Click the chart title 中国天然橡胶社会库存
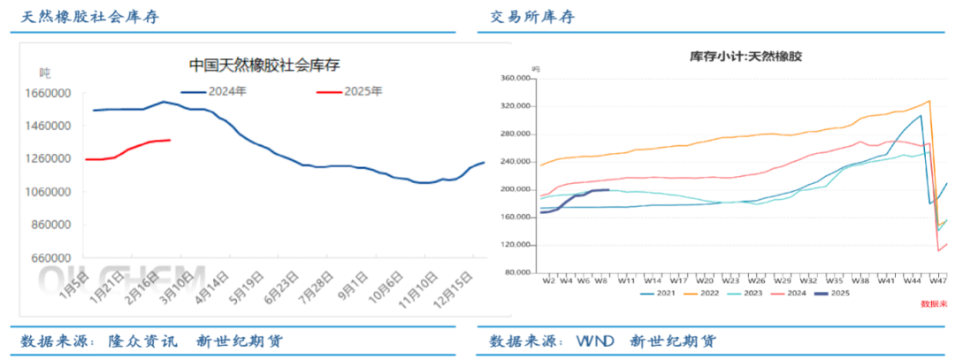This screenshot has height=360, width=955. tap(264, 65)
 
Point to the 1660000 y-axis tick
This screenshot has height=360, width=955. tap(50, 93)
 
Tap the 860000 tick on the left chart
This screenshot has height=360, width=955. tap(52, 225)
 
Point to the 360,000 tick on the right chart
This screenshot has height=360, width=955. tap(514, 79)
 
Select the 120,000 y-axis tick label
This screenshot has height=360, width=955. tap(514, 245)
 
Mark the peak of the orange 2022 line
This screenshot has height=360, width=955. tap(929, 101)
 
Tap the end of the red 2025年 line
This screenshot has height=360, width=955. tap(170, 140)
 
